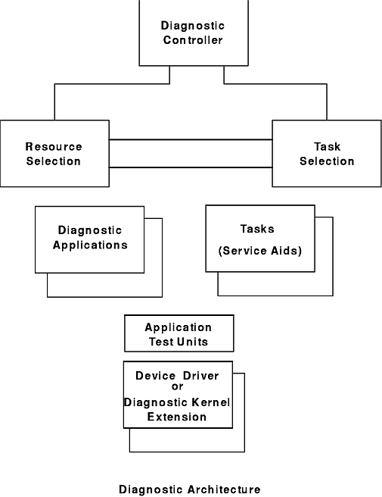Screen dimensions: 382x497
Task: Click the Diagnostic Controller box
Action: point(194,33)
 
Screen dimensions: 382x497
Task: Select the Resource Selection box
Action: point(54,153)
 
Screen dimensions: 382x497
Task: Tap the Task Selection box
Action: point(327,153)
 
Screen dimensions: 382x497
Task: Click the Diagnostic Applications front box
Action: point(89,239)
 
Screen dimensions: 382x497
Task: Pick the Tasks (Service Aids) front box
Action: point(260,239)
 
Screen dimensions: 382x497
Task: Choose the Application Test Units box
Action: point(179,333)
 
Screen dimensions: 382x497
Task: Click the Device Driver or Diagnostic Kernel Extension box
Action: point(178,395)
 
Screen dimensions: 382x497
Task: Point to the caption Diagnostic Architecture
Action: point(190,489)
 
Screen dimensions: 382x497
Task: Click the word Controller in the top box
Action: point(193,40)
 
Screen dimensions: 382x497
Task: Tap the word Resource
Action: point(54,146)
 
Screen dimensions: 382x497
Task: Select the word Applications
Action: point(90,245)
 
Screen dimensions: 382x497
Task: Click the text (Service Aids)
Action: point(260,251)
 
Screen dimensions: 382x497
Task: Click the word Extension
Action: point(177,417)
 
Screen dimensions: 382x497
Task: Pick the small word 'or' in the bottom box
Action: point(177,386)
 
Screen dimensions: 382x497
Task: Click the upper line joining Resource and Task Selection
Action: point(191,139)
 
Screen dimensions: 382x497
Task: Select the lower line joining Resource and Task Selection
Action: point(191,167)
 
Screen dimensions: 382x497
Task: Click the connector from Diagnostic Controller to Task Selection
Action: point(275,84)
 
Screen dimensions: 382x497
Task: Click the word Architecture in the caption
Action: point(225,489)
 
